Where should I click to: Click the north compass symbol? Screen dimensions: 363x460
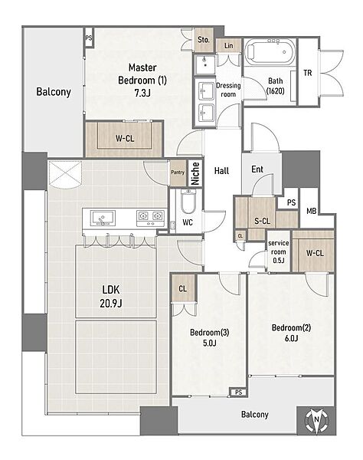[x=316, y=420]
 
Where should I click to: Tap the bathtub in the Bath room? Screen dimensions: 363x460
[x=270, y=52]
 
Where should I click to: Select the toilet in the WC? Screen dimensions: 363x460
[x=188, y=201]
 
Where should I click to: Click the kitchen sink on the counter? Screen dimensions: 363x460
[x=103, y=218]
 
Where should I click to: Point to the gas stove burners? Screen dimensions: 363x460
[x=150, y=218]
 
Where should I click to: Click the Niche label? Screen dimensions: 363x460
[x=195, y=173]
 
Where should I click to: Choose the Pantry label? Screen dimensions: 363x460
[x=178, y=172]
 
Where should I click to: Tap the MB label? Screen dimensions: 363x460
[x=311, y=211]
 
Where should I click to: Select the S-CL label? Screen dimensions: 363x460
[x=262, y=221]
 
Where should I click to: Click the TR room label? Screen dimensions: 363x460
[x=308, y=73]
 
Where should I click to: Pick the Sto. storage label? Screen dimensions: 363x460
[x=204, y=40]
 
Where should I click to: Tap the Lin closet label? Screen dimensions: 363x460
[x=229, y=46]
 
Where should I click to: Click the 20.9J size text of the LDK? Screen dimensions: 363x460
[x=111, y=303]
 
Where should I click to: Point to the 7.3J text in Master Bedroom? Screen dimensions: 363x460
[x=142, y=93]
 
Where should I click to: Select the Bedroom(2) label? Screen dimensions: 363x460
[x=291, y=327]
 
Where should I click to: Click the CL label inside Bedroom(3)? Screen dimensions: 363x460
[x=182, y=289]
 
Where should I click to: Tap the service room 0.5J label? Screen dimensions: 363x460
[x=278, y=251]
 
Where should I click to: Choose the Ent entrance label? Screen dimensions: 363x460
[x=257, y=169]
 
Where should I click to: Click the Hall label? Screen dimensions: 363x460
[x=221, y=170]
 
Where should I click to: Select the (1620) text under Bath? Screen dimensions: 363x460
[x=276, y=91]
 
